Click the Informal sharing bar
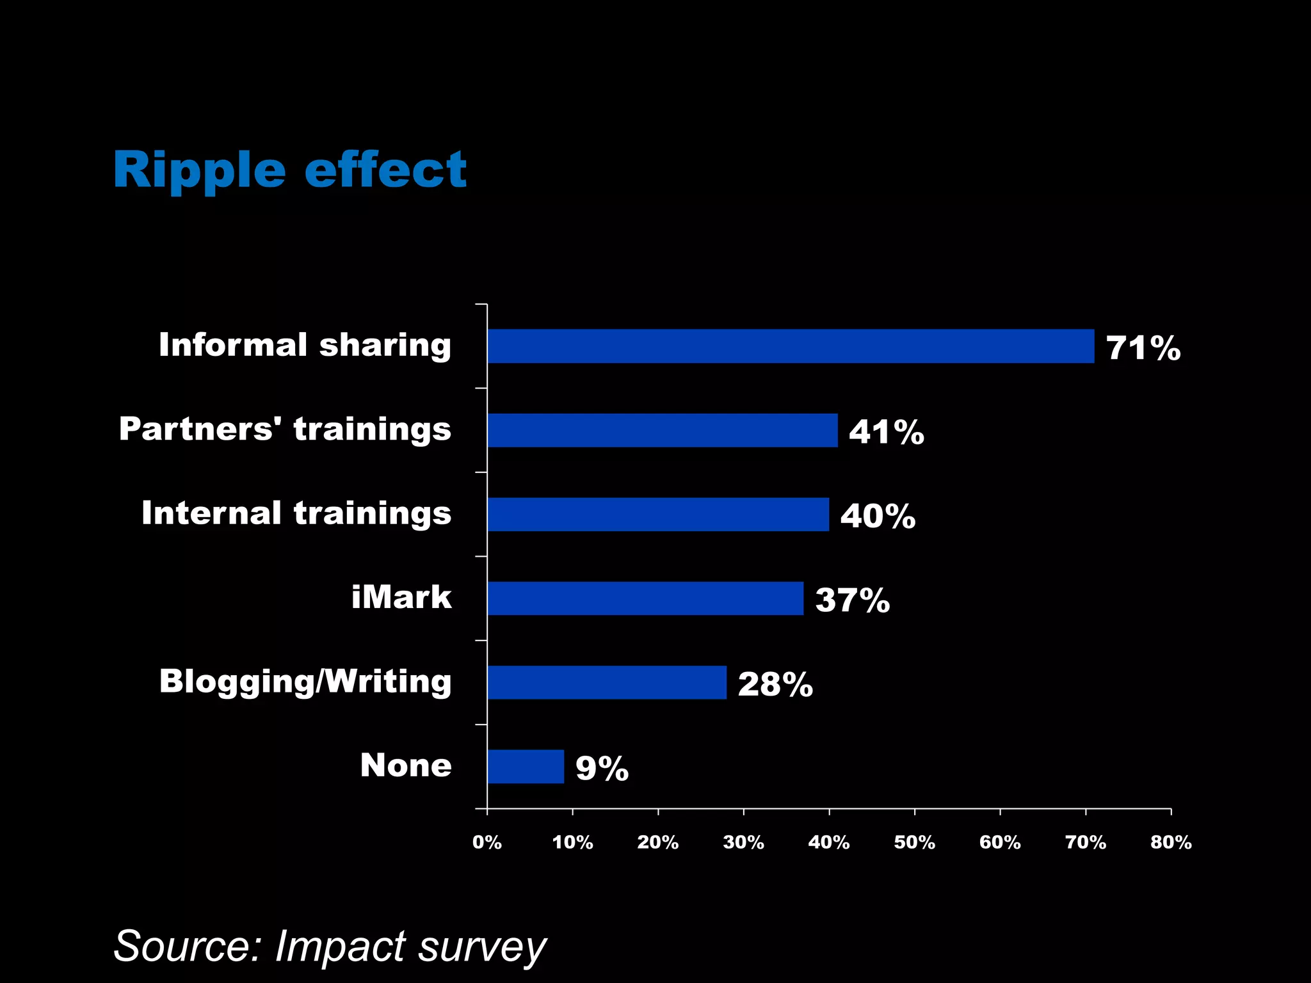[791, 346]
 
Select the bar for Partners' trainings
[663, 430]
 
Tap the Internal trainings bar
[658, 515]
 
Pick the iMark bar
[645, 598]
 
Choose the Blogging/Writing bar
[607, 682]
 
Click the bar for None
[526, 767]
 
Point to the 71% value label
[1143, 349]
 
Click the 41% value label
[887, 433]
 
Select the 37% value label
[853, 601]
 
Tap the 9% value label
[602, 769]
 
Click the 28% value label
[775, 685]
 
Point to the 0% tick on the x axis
[487, 842]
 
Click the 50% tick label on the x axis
[914, 842]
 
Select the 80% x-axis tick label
[1171, 842]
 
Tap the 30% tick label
[743, 842]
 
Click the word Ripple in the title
[199, 171]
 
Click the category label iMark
[401, 597]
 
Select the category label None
[406, 765]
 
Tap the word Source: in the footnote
[188, 947]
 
